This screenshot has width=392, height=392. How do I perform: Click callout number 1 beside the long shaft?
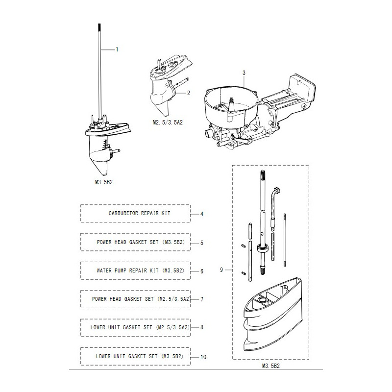(x=117, y=50)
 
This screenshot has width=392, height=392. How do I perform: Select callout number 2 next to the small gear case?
(x=189, y=93)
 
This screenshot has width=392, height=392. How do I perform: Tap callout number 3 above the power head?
(x=244, y=73)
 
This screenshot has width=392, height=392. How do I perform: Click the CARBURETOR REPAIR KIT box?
(x=136, y=213)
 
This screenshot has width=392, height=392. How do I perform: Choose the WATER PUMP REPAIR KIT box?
(x=136, y=270)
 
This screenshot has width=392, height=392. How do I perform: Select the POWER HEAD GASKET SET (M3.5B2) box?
(x=136, y=242)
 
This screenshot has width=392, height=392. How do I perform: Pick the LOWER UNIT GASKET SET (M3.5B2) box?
(x=136, y=356)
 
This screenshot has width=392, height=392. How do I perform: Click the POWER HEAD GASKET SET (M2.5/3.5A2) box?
(x=136, y=299)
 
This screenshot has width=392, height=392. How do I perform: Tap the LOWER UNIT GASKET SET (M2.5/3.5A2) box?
(x=136, y=327)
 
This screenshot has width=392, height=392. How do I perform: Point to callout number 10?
(x=203, y=357)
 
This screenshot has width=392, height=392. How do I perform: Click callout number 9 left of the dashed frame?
(x=221, y=270)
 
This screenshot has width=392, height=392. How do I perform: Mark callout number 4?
(x=202, y=214)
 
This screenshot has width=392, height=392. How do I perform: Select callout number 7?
(x=202, y=299)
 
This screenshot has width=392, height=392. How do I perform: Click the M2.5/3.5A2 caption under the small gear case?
(x=168, y=122)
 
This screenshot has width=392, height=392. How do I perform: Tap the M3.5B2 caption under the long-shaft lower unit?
(x=104, y=182)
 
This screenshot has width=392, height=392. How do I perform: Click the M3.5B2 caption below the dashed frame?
(x=271, y=366)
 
